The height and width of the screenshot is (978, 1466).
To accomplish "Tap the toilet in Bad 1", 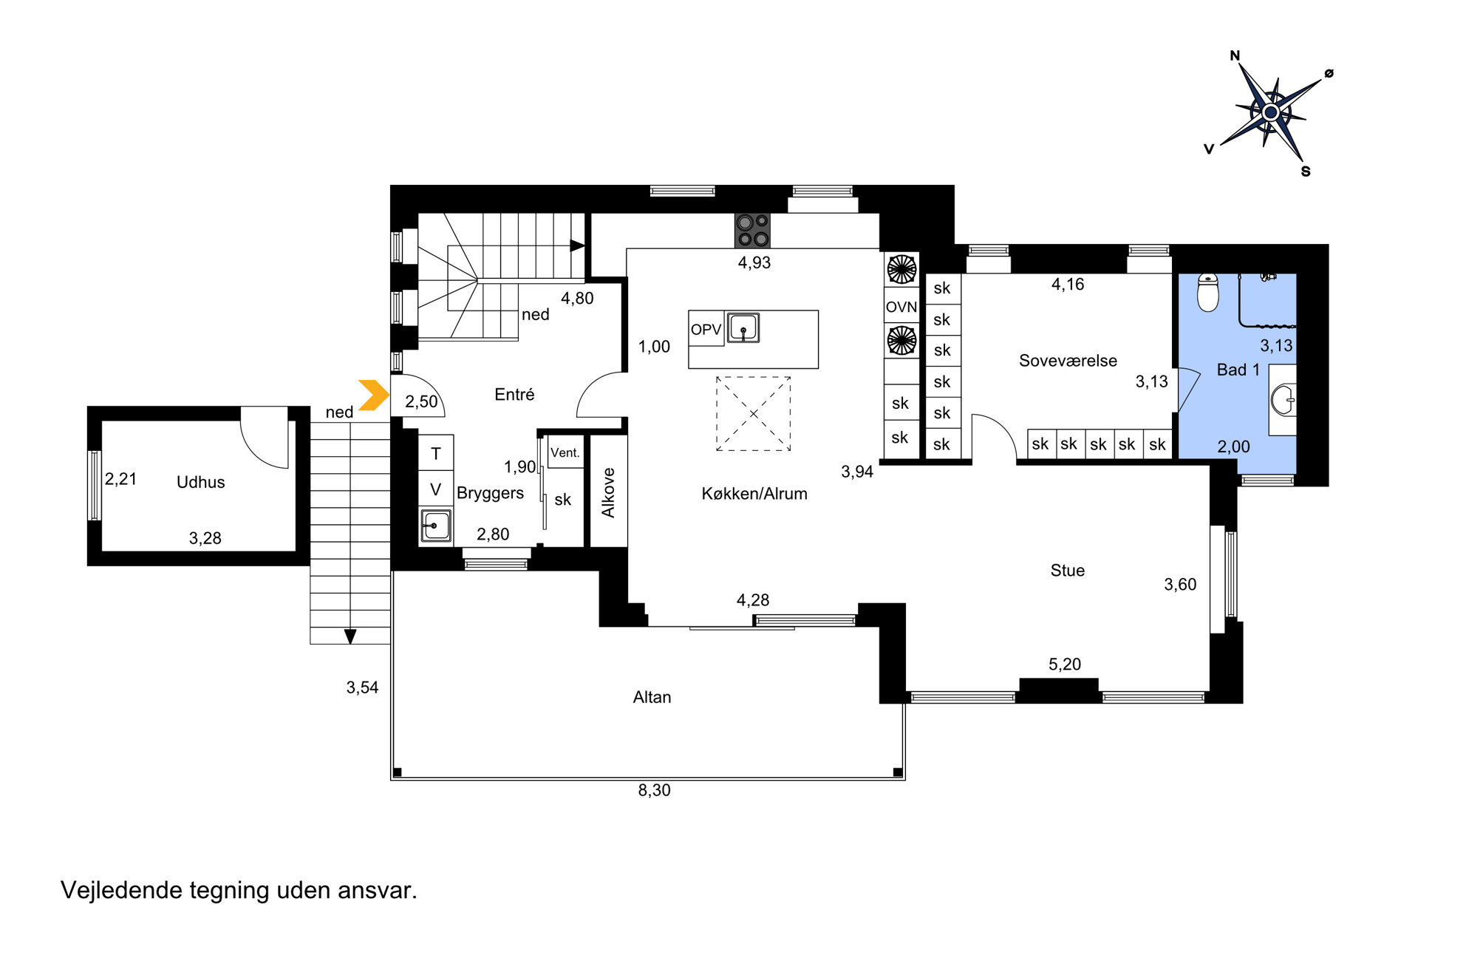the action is (x=1208, y=292).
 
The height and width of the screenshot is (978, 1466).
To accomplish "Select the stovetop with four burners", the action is (x=752, y=230).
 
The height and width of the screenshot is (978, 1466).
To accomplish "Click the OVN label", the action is (x=901, y=307).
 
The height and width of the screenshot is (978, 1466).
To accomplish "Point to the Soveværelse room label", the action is (x=1068, y=361).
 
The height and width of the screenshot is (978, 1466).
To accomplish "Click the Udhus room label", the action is (x=200, y=482).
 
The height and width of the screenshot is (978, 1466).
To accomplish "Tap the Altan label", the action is (x=652, y=697).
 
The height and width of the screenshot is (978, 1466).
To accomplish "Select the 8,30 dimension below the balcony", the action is (x=654, y=790).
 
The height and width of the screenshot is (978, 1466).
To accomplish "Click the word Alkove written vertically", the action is (x=608, y=492).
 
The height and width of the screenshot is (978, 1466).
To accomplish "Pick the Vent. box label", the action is (x=565, y=452).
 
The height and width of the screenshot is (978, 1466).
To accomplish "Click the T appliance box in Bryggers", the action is (x=436, y=453).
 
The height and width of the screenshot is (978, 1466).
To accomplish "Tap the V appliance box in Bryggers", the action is (x=436, y=489).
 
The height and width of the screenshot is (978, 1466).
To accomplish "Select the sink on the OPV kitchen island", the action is (x=743, y=327).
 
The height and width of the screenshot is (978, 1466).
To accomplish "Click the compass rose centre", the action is (x=1270, y=112).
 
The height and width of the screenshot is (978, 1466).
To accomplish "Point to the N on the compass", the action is (x=1235, y=55).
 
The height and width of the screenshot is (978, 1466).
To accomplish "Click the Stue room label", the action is (x=1068, y=570).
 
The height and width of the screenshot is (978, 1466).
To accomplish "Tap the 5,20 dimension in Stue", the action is (x=1065, y=664).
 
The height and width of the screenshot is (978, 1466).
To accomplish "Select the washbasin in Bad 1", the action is (x=1284, y=400).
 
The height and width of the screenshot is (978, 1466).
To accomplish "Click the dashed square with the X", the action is (x=753, y=413).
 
